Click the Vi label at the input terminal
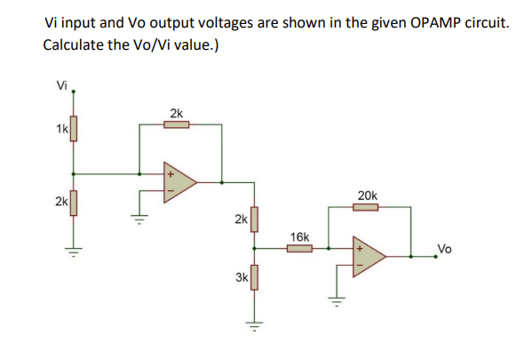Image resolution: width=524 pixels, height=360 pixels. point(60,85)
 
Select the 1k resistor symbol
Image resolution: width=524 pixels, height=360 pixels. point(73,132)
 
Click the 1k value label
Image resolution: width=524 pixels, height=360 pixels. point(60,130)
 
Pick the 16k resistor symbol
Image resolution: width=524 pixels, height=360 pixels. point(299,250)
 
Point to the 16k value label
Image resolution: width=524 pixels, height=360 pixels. point(299,237)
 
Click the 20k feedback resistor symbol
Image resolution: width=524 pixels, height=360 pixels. point(367,208)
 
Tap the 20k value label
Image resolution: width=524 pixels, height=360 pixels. point(367,195)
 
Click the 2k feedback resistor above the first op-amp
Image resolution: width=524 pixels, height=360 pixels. point(176,125)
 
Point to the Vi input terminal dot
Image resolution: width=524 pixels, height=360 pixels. point(73,92)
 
